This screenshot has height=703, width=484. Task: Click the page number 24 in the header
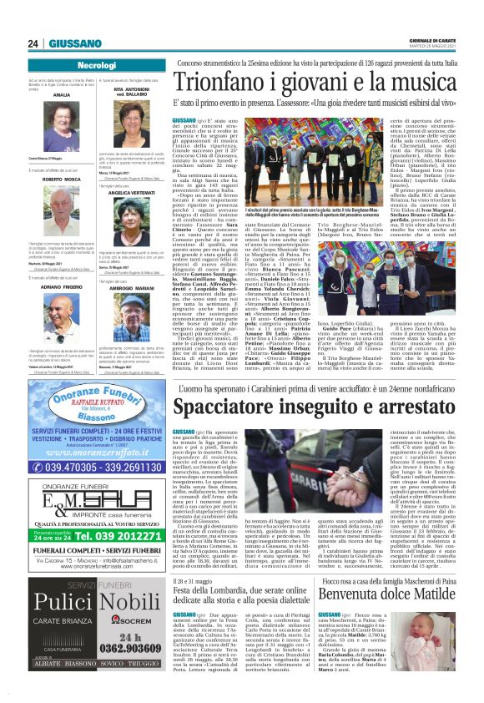tap(34, 43)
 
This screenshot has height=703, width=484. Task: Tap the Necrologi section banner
tap(96, 64)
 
